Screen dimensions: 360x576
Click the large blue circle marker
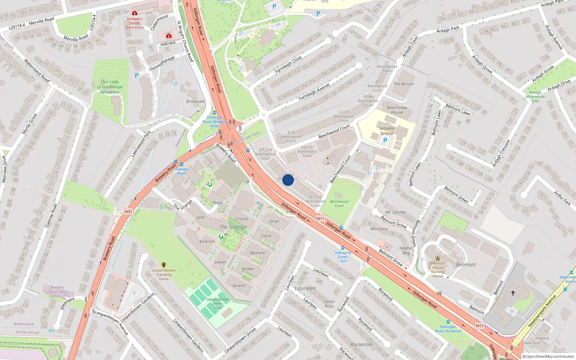pyautogui.click(x=288, y=180)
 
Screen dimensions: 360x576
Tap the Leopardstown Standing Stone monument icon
pyautogui.click(x=164, y=265)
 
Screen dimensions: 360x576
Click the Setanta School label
pyautogui.click(x=386, y=131)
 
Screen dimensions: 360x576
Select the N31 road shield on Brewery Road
pyautogui.click(x=129, y=211)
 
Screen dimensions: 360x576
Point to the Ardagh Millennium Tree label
pyautogui.click(x=535, y=96)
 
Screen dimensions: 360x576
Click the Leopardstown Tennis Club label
pyautogui.click(x=217, y=303)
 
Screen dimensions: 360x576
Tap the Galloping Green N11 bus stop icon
pyautogui.click(x=342, y=248)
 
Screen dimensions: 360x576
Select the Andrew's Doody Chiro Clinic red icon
pyautogui.click(x=135, y=13)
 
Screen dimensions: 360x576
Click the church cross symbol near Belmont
pyautogui.click(x=513, y=293)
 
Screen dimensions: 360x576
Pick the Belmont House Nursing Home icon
pyautogui.click(x=438, y=258)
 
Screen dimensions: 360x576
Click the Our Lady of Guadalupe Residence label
pyautogui.click(x=110, y=87)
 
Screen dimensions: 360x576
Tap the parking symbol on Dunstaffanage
pyautogui.click(x=137, y=76)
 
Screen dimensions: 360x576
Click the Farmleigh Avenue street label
pyautogui.click(x=314, y=91)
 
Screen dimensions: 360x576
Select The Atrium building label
pyautogui.click(x=403, y=84)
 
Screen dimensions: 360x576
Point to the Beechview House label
pyautogui.click(x=397, y=110)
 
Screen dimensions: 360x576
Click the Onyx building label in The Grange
pyautogui.click(x=274, y=221)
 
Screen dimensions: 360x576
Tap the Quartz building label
pyautogui.click(x=239, y=285)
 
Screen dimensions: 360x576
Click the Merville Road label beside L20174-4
pyautogui.click(x=41, y=21)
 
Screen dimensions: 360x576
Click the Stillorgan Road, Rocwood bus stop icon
pyautogui.click(x=448, y=322)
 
